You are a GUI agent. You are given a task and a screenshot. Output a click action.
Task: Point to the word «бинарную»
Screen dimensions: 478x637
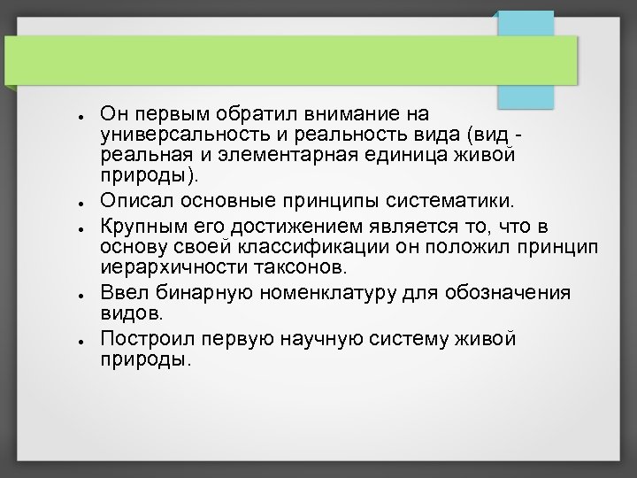[190, 294]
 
